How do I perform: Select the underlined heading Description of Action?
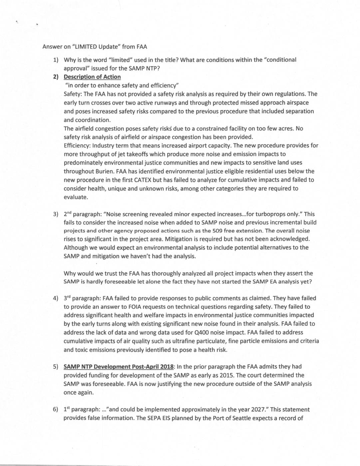point(92,77)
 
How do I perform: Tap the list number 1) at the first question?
point(56,60)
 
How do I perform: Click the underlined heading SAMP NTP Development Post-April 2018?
point(119,367)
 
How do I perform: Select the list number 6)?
point(56,410)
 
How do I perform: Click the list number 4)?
point(56,298)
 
